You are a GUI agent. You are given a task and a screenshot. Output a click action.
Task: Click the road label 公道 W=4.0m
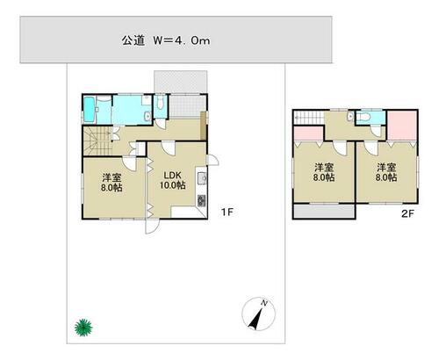(x=166, y=40)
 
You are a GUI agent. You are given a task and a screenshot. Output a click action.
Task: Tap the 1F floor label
(x=227, y=212)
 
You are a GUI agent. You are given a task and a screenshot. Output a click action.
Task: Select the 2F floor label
(x=407, y=214)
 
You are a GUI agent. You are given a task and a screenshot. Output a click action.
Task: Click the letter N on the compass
(x=264, y=303)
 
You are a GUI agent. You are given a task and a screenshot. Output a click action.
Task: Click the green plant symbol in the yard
(x=83, y=328)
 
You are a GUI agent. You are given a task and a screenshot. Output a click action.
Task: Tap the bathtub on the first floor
(x=90, y=110)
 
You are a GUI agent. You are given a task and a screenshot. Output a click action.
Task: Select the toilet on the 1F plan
(x=160, y=103)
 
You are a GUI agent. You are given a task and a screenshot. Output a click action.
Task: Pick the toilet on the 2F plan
(x=363, y=117)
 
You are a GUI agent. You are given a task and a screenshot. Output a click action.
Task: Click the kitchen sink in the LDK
(x=202, y=178)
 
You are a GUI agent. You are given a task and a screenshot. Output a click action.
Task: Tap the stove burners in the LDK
(x=202, y=200)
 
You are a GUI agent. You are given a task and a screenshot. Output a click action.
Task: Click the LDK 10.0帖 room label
(x=173, y=180)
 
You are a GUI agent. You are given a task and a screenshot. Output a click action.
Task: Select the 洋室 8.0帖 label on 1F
(x=112, y=183)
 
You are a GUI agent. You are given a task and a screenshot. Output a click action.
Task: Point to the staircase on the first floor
(x=97, y=140)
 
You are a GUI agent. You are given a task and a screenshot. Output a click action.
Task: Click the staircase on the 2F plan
(x=309, y=118)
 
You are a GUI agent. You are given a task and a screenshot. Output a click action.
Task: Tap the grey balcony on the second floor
(x=324, y=211)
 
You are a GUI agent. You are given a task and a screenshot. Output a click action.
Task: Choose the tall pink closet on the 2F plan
(x=402, y=126)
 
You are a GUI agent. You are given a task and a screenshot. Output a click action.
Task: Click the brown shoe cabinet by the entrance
(x=203, y=126)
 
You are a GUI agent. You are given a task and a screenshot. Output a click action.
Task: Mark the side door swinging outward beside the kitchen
(x=212, y=160)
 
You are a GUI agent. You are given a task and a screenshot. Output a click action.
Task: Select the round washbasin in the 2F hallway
(x=350, y=117)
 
